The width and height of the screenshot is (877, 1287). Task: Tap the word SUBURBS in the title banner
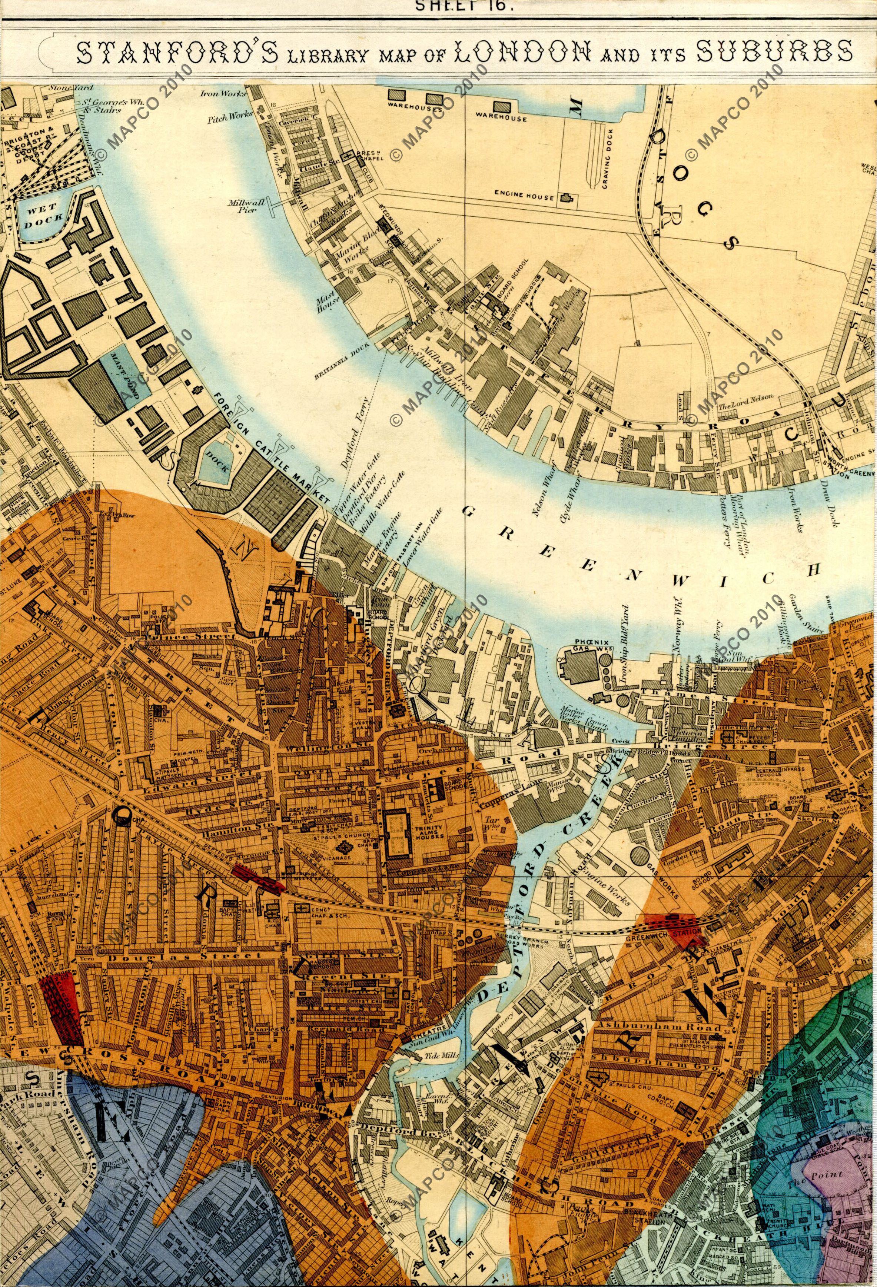774,52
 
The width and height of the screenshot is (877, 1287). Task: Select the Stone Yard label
66,87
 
